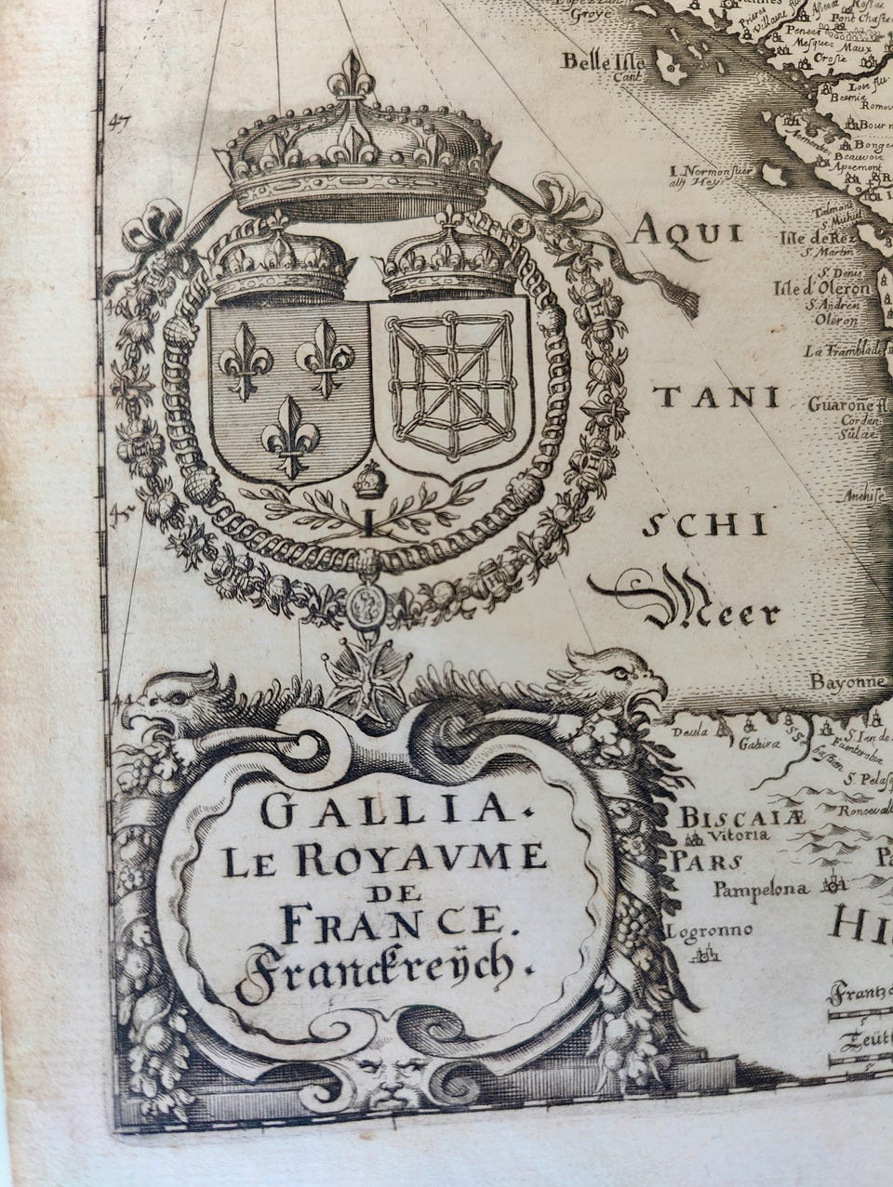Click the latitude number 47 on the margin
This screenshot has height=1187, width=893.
pyautogui.click(x=119, y=119)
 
